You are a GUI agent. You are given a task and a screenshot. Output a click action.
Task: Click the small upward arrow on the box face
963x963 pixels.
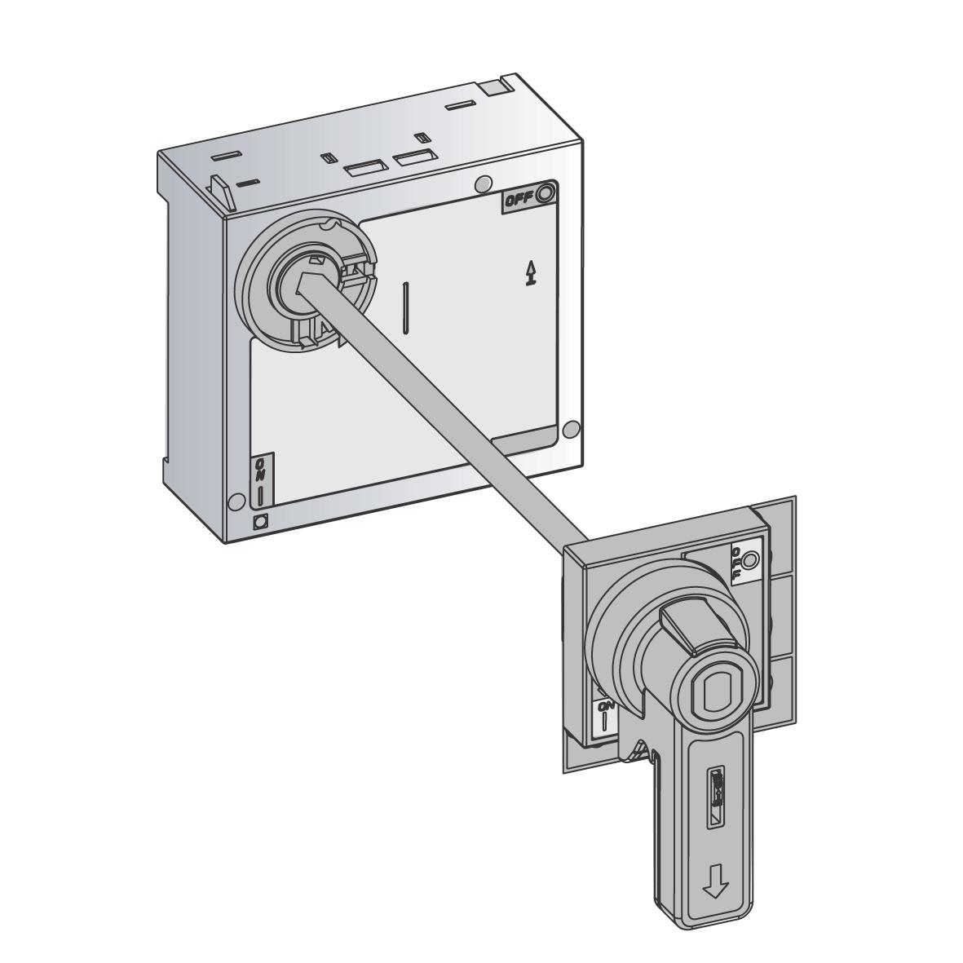(x=532, y=274)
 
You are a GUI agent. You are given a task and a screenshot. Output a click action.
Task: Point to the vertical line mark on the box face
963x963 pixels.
(x=405, y=308)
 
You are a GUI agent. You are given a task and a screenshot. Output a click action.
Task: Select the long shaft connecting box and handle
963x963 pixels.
(x=457, y=424)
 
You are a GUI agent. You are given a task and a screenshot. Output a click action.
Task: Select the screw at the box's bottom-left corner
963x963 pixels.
(x=236, y=501)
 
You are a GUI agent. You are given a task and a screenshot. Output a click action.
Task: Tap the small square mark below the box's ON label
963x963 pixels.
(x=261, y=523)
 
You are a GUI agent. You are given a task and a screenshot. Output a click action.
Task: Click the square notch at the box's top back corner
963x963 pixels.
(x=491, y=88)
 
